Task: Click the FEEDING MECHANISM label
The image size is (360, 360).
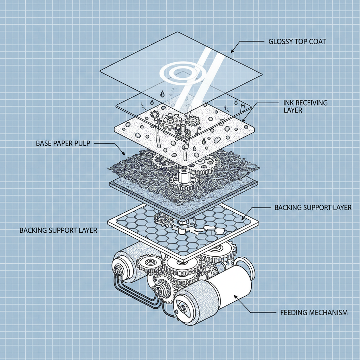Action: pyautogui.click(x=314, y=312)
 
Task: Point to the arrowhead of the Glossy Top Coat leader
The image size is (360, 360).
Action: pyautogui.click(x=232, y=52)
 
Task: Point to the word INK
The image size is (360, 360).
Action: pyautogui.click(x=288, y=103)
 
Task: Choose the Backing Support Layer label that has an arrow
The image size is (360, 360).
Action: pyautogui.click(x=313, y=207)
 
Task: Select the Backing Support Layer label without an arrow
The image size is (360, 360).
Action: pyautogui.click(x=58, y=231)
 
